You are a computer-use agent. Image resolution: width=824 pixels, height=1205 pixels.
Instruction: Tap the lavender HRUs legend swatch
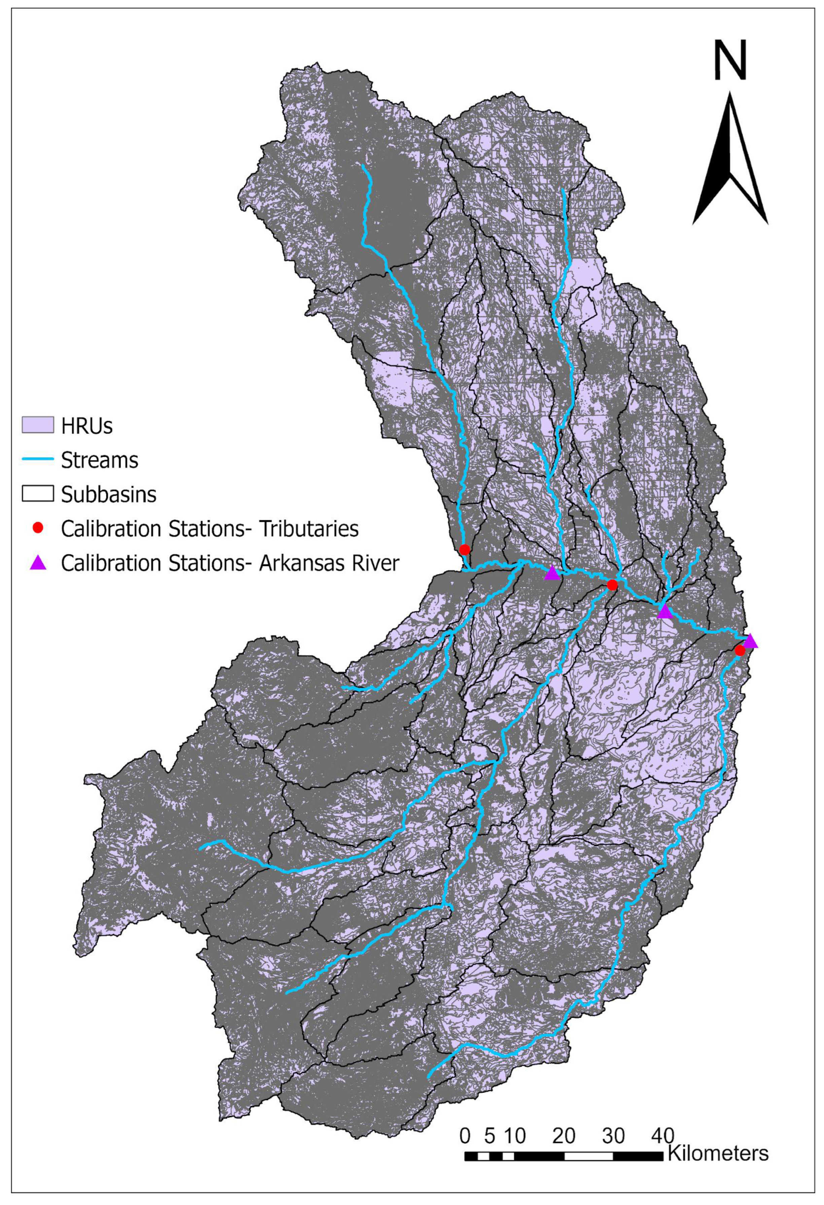[37, 425]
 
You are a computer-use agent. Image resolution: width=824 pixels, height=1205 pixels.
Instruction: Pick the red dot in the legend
[37, 528]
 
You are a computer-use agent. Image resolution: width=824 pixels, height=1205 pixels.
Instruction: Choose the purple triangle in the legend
[37, 562]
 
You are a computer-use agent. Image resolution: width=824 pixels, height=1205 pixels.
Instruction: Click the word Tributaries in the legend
[309, 529]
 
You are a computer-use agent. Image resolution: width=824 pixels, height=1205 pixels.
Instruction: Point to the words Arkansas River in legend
[329, 563]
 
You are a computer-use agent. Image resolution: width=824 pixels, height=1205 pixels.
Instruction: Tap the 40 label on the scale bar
[662, 1136]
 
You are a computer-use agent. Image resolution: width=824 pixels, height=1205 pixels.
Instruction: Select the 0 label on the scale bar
[465, 1136]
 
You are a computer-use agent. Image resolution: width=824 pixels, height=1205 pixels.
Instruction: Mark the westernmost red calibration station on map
[465, 549]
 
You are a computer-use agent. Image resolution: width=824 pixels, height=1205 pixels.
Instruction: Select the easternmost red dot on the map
[740, 650]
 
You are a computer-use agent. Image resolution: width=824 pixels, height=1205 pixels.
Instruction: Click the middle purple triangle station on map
[664, 612]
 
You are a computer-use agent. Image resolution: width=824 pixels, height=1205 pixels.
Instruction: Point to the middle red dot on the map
[612, 585]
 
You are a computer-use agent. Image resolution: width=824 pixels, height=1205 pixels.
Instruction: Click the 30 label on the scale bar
[613, 1136]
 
